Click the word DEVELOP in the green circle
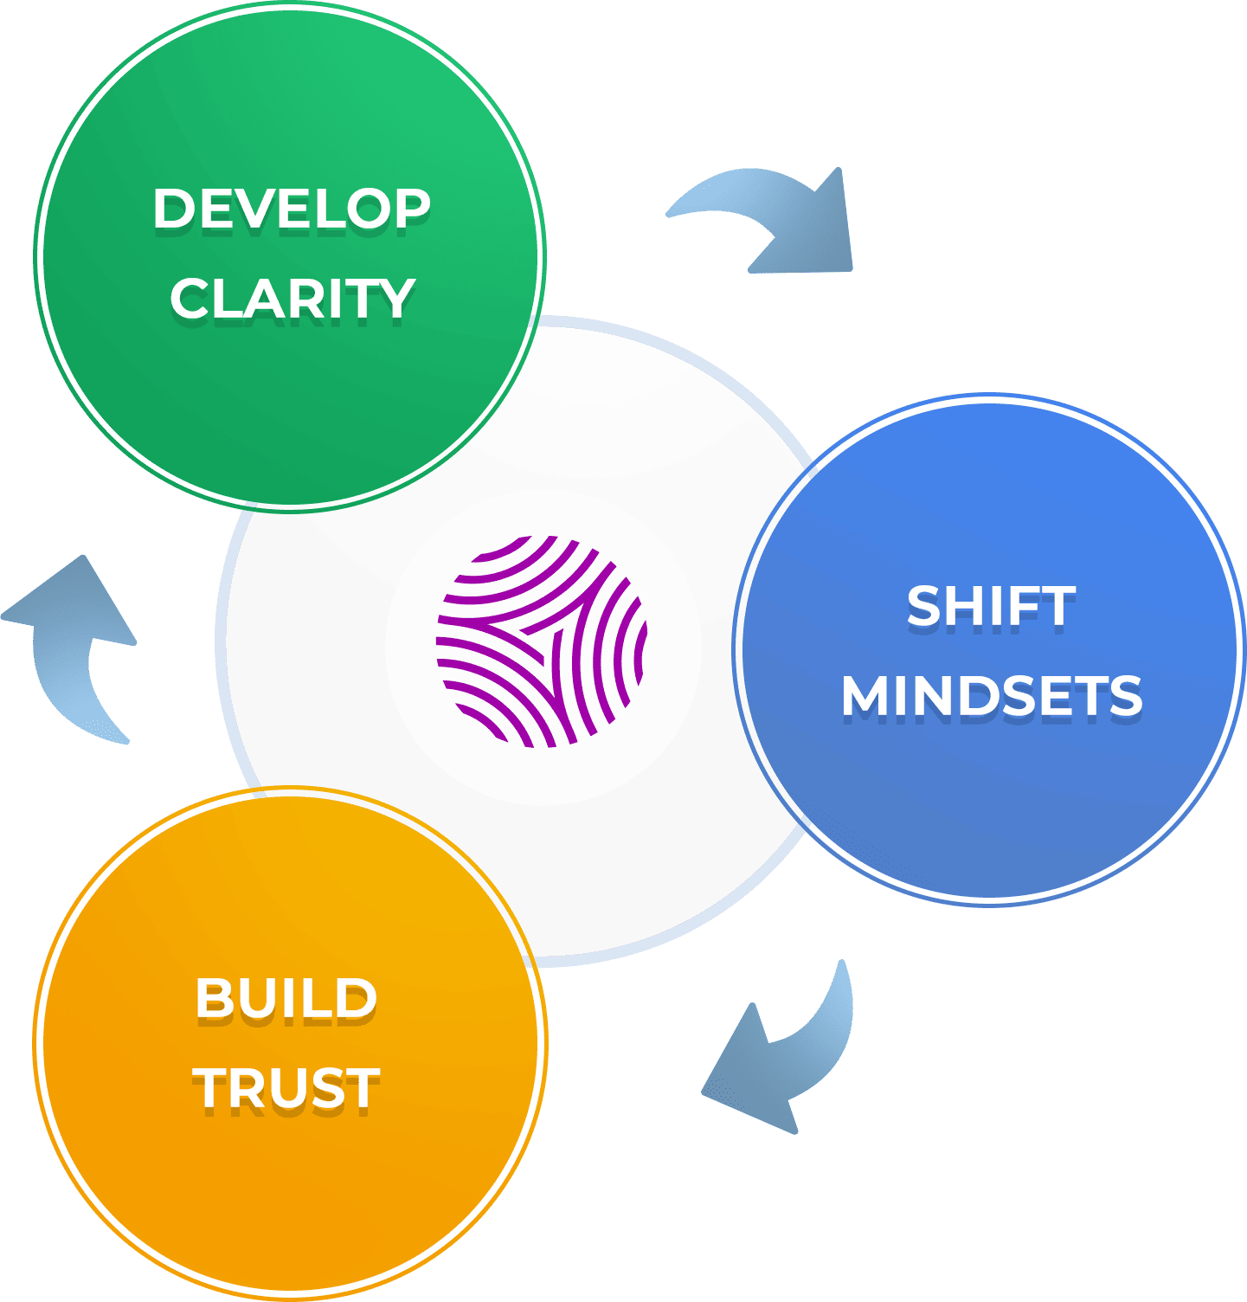tap(292, 209)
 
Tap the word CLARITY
tap(292, 299)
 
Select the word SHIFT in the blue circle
tap(991, 606)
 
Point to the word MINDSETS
tap(992, 696)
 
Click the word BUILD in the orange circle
tap(286, 998)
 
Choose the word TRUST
tap(286, 1088)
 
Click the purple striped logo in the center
tap(542, 641)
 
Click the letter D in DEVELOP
tap(172, 209)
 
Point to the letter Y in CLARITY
tap(397, 299)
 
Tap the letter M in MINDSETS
tap(866, 696)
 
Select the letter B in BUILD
tap(213, 998)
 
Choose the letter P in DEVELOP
tap(411, 209)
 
